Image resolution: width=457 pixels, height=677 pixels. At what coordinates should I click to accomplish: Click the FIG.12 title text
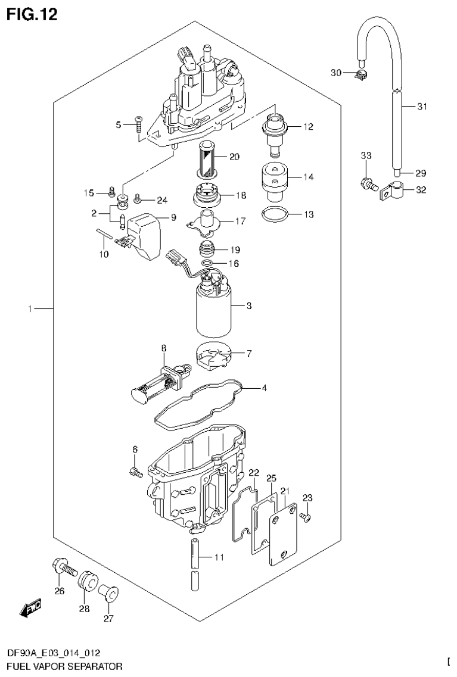pos(32,15)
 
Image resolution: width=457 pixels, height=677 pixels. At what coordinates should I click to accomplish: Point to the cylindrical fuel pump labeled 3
pos(212,311)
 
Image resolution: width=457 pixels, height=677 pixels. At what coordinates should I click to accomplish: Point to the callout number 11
pos(219,558)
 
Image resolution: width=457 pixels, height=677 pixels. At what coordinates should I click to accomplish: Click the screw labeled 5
pos(137,124)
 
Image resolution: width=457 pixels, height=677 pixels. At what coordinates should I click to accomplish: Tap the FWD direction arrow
pos(30,608)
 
